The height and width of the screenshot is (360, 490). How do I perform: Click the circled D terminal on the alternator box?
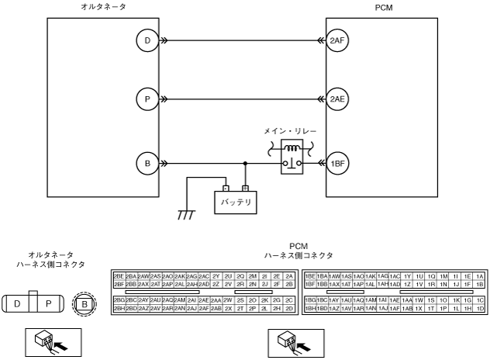(x=147, y=40)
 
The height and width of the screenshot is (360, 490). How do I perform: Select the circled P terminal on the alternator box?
(x=147, y=99)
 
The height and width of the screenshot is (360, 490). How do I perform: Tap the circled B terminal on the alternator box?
(x=147, y=163)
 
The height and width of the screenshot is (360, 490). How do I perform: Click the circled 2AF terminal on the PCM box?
(x=336, y=40)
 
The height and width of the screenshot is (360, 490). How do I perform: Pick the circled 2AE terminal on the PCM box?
(x=336, y=99)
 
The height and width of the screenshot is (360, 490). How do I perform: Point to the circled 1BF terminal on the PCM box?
(x=336, y=163)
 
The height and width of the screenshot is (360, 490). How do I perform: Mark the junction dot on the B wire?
(x=245, y=164)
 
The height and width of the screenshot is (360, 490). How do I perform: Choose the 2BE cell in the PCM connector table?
(x=119, y=276)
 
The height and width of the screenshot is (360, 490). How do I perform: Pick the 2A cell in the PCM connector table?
(x=289, y=276)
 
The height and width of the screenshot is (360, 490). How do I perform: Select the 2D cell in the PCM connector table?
(x=289, y=308)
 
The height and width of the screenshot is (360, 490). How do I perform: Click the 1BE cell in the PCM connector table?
(x=310, y=276)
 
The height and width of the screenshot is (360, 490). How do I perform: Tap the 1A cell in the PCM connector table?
(x=480, y=276)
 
